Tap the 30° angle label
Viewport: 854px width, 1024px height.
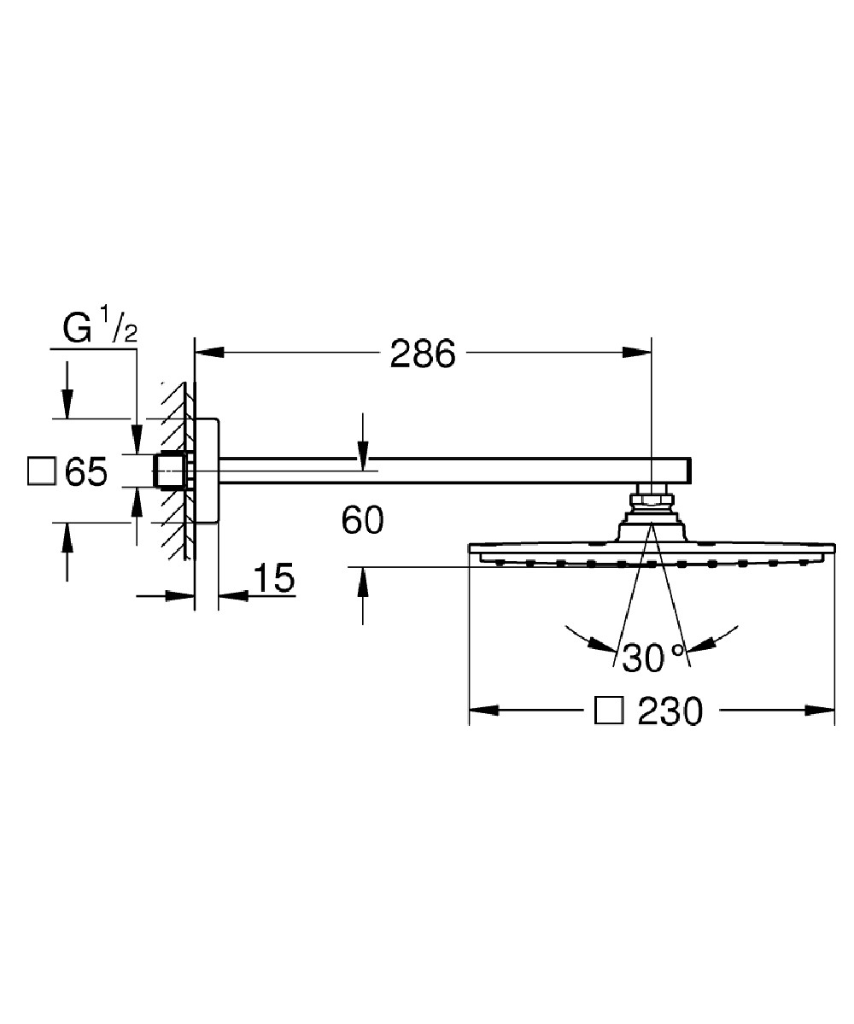653,658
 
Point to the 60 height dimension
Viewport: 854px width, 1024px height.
362,520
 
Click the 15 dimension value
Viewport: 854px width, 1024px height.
273,579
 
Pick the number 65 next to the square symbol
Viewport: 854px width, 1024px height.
86,471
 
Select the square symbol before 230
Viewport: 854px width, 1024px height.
607,710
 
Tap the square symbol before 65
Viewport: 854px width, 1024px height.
41,471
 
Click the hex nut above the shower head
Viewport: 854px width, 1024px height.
651,497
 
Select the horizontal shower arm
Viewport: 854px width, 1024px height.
453,468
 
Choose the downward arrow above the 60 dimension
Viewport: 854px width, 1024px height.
363,457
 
